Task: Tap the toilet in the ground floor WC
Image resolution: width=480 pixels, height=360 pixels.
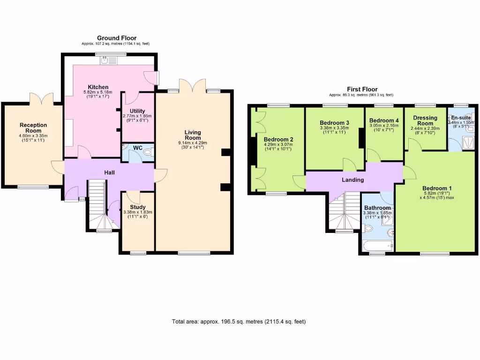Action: [x=147, y=152]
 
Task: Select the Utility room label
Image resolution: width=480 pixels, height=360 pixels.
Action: [x=137, y=111]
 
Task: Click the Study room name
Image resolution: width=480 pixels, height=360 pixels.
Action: [x=137, y=207]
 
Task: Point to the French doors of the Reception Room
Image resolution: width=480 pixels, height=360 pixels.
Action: [x=39, y=99]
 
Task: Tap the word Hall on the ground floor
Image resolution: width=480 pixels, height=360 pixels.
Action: [x=109, y=172]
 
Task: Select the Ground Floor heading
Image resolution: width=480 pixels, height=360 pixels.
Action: [x=116, y=37]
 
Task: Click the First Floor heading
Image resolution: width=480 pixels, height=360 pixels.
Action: [x=362, y=89]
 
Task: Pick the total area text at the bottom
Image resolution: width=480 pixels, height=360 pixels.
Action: [x=239, y=322]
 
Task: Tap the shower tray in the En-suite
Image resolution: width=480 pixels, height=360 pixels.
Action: [x=466, y=141]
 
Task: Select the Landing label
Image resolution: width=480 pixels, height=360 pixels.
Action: [x=352, y=180]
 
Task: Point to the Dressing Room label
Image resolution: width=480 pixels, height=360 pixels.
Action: [x=425, y=120]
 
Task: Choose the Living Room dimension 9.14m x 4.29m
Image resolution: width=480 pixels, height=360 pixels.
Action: [x=193, y=143]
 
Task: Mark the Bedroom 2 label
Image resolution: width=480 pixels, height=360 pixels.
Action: [x=278, y=139]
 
